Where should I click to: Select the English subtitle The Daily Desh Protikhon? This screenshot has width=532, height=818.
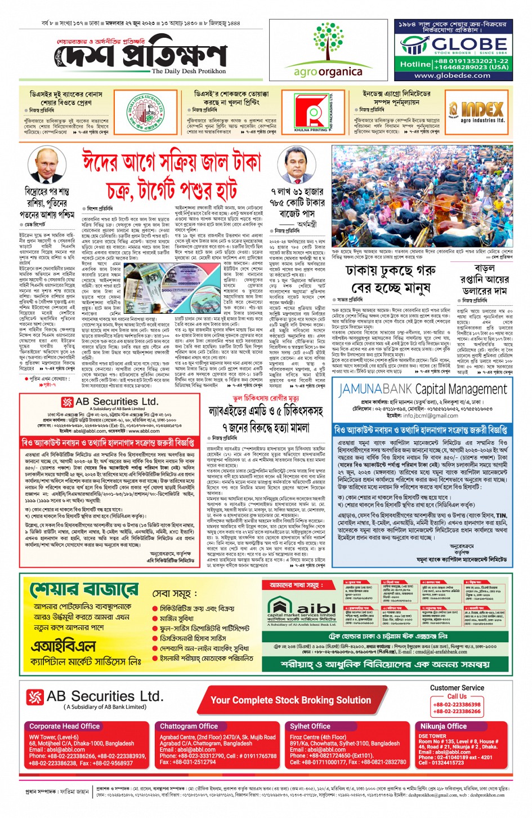[189, 72]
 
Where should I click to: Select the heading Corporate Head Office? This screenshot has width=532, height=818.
[65, 726]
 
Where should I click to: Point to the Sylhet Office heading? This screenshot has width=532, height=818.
[310, 726]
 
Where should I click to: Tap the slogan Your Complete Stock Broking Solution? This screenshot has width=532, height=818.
[290, 700]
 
